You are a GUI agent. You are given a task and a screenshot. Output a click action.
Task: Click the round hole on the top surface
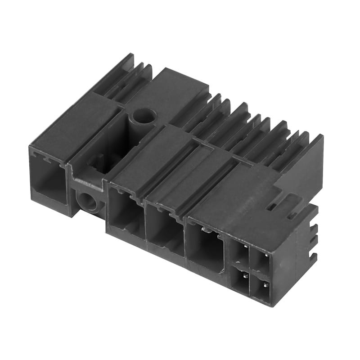point(143,116)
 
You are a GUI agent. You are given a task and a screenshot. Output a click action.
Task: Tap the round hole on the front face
point(88,202)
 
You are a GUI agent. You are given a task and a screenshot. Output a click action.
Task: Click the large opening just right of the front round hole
point(126,211)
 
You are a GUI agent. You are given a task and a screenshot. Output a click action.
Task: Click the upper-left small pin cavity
point(242,252)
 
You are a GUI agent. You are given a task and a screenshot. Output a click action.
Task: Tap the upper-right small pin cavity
point(261,261)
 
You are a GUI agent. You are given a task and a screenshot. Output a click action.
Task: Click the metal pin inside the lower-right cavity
point(266,284)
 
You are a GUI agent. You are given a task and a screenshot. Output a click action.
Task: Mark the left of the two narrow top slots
point(271,207)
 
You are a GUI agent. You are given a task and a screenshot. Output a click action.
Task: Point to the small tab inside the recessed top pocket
point(100,160)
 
